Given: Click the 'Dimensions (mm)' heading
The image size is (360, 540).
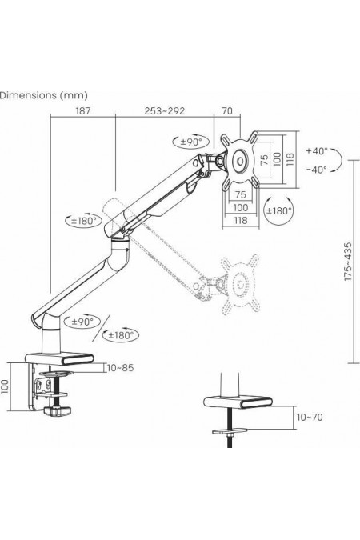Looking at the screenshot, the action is pyautogui.click(x=43, y=95).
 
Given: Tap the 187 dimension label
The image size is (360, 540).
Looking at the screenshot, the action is pyautogui.click(x=82, y=111).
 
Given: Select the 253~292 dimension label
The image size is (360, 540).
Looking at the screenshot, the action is pyautogui.click(x=164, y=111).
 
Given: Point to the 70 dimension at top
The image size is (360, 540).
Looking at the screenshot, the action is pyautogui.click(x=227, y=111).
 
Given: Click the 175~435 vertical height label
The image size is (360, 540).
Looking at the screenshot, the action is pyautogui.click(x=348, y=262).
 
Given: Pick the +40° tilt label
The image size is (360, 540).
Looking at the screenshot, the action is pyautogui.click(x=317, y=151).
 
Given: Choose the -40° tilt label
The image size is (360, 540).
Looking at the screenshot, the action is pyautogui.click(x=317, y=170).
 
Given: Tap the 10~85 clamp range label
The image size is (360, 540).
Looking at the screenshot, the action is pyautogui.click(x=120, y=368).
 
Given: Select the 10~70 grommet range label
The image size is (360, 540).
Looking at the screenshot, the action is pyautogui.click(x=310, y=418).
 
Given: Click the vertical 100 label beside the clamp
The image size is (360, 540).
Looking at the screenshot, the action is pyautogui.click(x=5, y=386).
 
